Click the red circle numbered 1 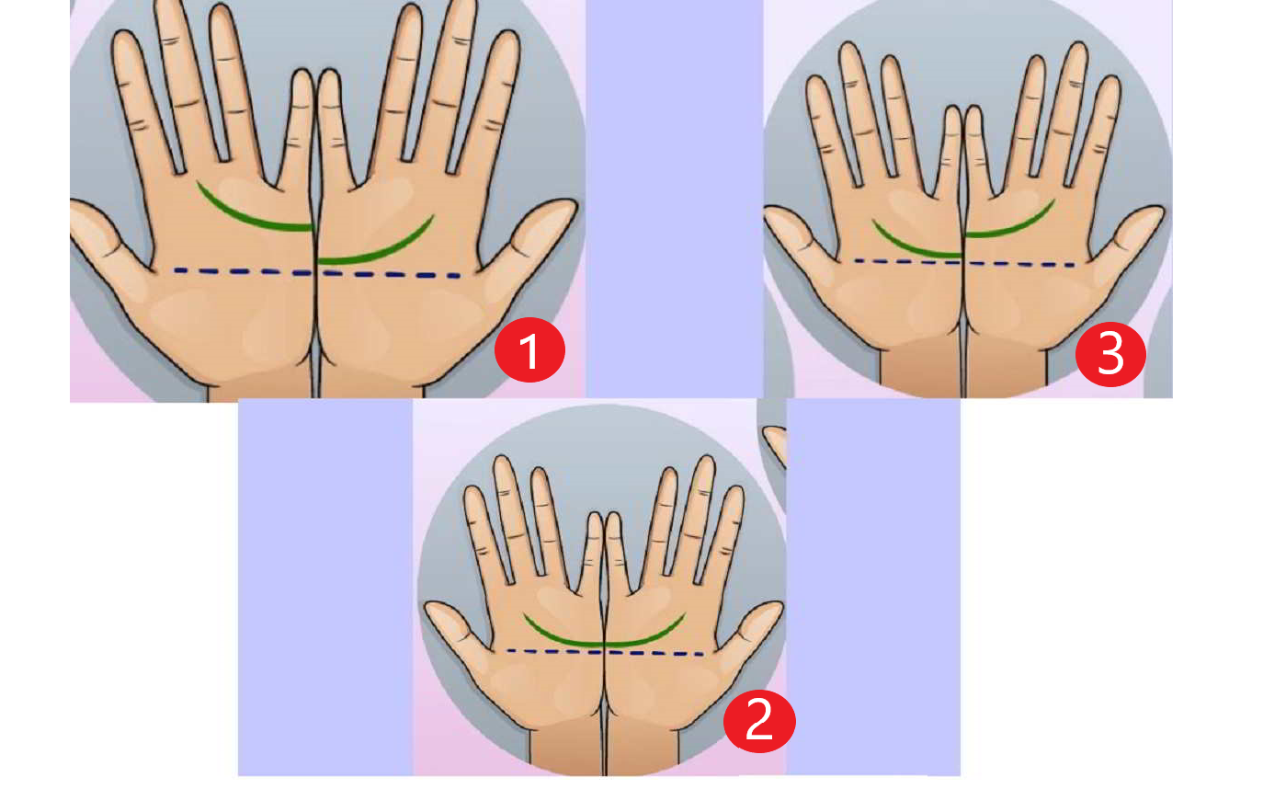(530, 350)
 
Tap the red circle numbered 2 (759, 721)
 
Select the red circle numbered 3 (1110, 354)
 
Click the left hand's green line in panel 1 (248, 218)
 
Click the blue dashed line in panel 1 (317, 273)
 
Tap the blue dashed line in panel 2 (605, 652)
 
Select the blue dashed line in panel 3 (964, 262)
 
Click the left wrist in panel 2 (566, 748)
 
